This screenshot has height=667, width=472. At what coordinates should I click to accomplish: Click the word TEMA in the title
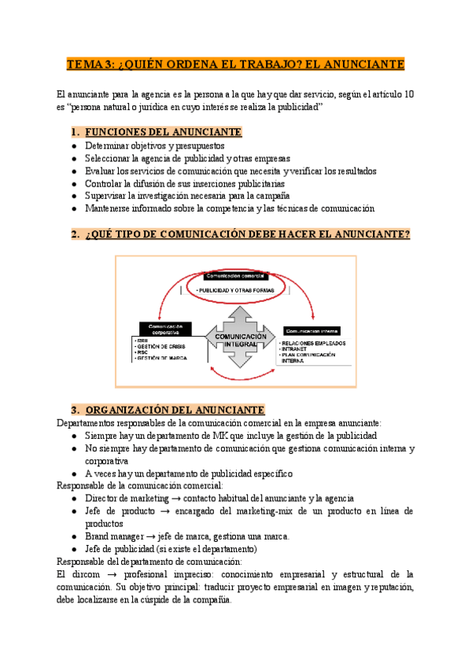(x=82, y=64)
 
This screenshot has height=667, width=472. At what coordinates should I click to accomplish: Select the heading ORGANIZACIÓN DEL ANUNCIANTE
(x=174, y=410)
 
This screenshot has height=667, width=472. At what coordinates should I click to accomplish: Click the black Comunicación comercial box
(x=235, y=277)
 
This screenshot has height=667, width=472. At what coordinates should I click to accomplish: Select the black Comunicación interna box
(x=313, y=331)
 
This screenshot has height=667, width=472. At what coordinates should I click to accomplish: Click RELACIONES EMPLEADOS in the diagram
(x=312, y=343)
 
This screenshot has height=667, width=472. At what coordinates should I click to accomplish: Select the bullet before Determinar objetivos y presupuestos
(x=74, y=146)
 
